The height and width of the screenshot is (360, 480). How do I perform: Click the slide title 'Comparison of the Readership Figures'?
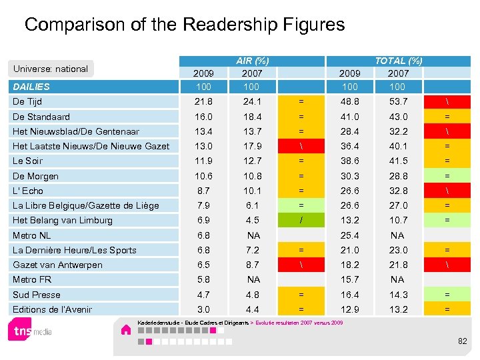pyautogui.click(x=185, y=25)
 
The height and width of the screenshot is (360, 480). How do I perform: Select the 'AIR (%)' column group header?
pyautogui.click(x=252, y=61)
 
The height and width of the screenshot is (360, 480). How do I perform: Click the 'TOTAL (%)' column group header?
pyautogui.click(x=398, y=61)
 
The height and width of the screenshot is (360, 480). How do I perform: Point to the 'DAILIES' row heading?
pyautogui.click(x=31, y=86)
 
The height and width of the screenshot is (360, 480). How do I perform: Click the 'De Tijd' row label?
pyautogui.click(x=27, y=101)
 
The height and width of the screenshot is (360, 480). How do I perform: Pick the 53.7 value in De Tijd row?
pyautogui.click(x=398, y=101)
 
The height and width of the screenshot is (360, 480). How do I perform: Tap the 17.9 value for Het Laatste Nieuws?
pyautogui.click(x=253, y=146)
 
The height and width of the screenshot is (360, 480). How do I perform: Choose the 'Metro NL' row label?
pyautogui.click(x=31, y=235)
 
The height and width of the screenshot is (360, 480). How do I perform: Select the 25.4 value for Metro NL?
pyautogui.click(x=349, y=235)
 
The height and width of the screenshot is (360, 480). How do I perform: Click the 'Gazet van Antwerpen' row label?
pyautogui.click(x=57, y=265)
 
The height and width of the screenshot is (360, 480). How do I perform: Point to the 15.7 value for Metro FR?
pyautogui.click(x=349, y=279)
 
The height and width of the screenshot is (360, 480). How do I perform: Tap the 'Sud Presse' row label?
pyautogui.click(x=36, y=295)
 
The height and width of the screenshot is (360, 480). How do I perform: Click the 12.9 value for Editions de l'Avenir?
pyautogui.click(x=349, y=309)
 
